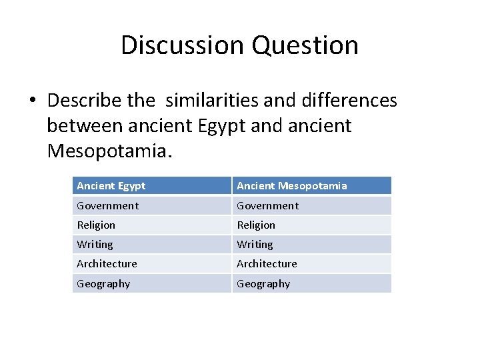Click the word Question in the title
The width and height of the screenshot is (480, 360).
(x=305, y=45)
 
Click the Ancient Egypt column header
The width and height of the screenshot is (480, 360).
(x=111, y=186)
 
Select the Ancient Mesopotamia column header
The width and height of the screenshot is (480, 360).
(x=292, y=186)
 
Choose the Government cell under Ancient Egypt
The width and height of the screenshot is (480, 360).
(x=108, y=206)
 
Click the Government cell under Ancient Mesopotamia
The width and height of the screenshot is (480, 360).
(x=268, y=206)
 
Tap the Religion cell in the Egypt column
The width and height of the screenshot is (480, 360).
(x=96, y=225)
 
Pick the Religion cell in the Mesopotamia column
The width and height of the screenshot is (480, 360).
(x=256, y=225)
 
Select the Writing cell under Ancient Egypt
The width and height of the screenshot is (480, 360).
(x=95, y=245)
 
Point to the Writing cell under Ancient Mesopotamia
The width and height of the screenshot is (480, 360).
(x=255, y=245)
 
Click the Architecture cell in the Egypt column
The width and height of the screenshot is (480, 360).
(x=107, y=264)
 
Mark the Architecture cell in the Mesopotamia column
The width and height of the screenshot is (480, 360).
(x=267, y=264)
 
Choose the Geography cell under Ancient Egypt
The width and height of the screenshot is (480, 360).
(x=103, y=284)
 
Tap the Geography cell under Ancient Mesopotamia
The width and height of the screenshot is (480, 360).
(x=263, y=284)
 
